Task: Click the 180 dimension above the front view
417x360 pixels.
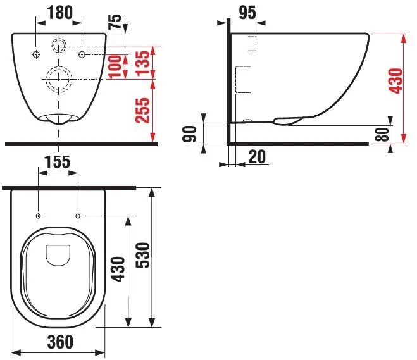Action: (60, 13)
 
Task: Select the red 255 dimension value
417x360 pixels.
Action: (142, 111)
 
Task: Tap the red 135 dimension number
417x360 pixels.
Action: (142, 63)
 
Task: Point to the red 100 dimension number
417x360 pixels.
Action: (115, 66)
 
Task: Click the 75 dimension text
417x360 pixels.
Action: (115, 22)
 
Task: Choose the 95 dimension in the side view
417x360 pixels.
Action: (247, 13)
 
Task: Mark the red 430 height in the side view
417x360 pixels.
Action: (395, 81)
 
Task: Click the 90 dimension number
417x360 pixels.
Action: (189, 133)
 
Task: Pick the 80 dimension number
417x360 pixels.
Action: (382, 135)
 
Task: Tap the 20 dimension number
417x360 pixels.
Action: (257, 157)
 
